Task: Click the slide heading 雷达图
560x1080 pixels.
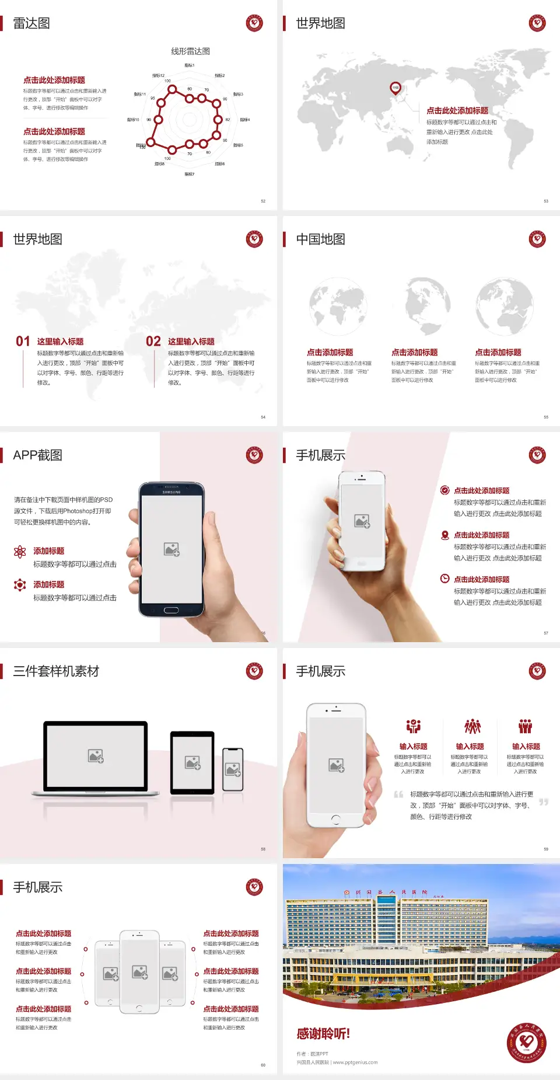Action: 32,23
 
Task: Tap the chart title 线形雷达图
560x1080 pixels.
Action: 190,51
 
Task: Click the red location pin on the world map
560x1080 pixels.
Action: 395,88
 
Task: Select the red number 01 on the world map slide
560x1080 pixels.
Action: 23,342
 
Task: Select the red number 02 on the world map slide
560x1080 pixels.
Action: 153,342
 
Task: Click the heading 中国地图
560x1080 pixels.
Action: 320,239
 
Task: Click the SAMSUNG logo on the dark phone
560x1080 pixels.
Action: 171,492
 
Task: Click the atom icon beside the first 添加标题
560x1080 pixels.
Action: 20,552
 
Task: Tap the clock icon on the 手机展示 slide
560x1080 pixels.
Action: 444,579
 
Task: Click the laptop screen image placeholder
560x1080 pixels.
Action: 96,756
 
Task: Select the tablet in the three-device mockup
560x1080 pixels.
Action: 192,762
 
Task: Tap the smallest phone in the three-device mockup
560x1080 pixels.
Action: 233,769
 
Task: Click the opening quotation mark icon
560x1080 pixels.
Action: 398,795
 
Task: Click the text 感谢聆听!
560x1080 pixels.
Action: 323,1034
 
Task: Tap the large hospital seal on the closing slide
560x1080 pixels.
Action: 526,1043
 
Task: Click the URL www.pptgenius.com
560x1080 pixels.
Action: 355,1062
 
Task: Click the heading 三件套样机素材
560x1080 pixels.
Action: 56,671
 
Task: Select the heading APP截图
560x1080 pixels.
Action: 37,455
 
